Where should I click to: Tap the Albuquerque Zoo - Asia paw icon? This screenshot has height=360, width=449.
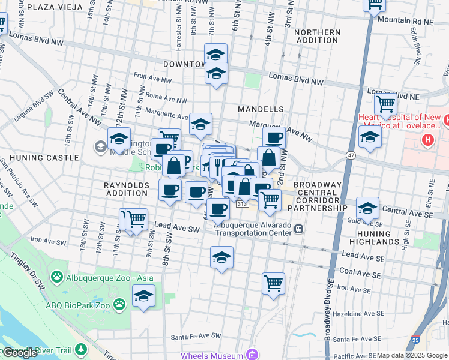(x=57, y=277)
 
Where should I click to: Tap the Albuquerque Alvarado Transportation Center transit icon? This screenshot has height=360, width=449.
(x=298, y=229)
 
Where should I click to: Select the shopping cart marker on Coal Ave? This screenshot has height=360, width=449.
(x=273, y=283)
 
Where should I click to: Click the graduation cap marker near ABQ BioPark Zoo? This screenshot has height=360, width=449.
(x=143, y=295)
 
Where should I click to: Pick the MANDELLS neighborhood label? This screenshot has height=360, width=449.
(x=260, y=110)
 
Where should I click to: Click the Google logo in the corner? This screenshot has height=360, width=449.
(x=19, y=353)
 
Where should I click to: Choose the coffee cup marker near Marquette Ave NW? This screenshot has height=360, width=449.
(x=274, y=137)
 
